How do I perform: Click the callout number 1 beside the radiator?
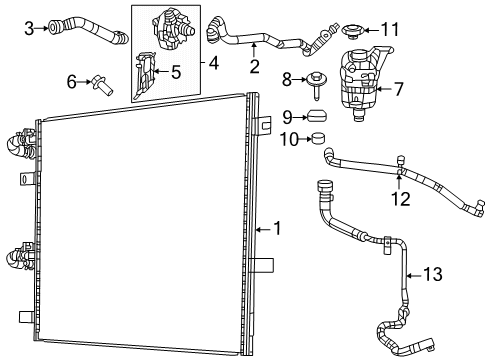click(x=277, y=228)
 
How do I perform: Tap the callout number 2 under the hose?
click(x=254, y=67)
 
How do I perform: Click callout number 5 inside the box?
click(x=175, y=71)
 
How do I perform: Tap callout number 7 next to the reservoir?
click(x=398, y=89)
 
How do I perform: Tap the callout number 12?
click(x=400, y=200)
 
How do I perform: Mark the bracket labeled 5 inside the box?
click(x=147, y=72)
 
